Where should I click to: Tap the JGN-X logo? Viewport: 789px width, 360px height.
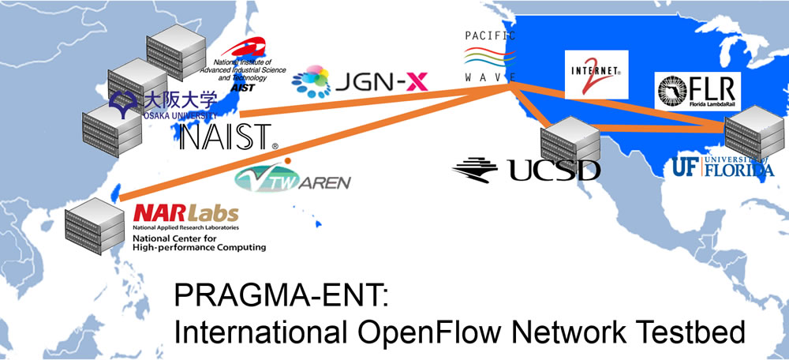pos(359,81)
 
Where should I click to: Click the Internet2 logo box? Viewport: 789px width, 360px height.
pos(596,73)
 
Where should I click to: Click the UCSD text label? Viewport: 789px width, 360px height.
pos(526,168)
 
